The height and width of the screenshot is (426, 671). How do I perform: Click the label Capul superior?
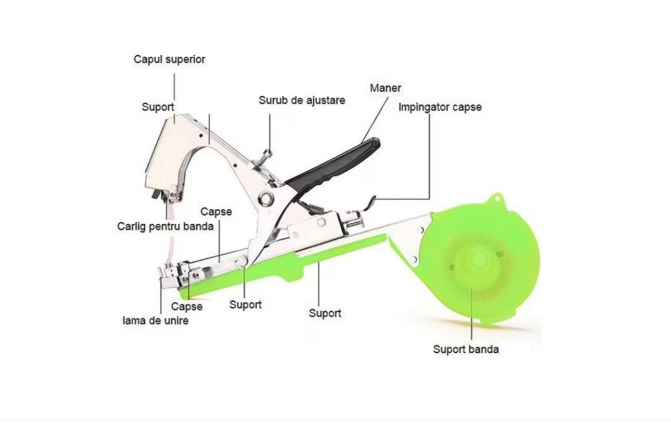click(x=170, y=59)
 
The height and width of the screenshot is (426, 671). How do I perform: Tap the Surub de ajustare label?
click(x=302, y=100)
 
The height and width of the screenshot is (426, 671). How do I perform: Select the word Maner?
click(x=385, y=88)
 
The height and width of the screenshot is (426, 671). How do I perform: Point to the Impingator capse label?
click(x=440, y=107)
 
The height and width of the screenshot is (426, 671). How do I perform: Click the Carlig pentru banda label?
click(x=165, y=226)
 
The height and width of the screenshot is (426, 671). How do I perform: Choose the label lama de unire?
click(x=155, y=320)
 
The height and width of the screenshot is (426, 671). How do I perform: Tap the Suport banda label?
click(x=466, y=349)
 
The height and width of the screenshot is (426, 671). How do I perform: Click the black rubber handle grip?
click(x=333, y=167)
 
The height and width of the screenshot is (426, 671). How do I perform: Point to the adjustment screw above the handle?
click(x=267, y=155)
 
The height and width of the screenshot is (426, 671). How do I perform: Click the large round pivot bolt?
click(x=266, y=199)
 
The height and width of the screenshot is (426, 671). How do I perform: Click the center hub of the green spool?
click(x=479, y=259)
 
